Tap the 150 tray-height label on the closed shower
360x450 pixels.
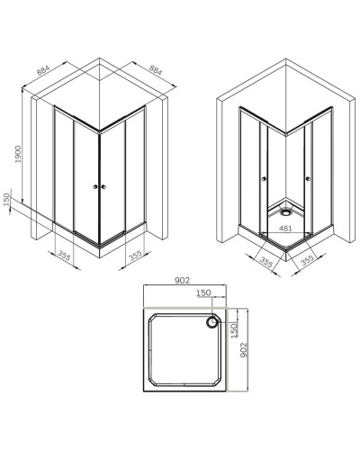7,202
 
